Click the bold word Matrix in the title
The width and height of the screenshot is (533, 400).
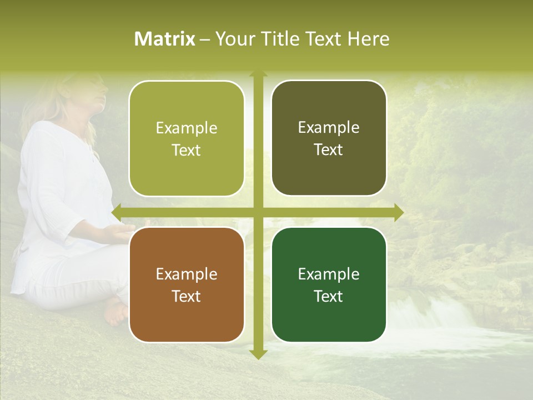coord(165,39)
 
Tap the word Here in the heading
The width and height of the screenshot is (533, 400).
coord(368,39)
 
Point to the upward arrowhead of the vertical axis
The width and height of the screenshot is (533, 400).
coord(258,73)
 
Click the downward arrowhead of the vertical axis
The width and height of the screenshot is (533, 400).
coord(258,354)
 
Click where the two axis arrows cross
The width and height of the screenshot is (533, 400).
coord(258,212)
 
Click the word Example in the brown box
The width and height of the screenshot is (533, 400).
coord(187,274)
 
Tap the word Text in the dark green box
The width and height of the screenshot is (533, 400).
coord(329,296)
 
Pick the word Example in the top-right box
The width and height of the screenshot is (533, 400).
coord(329,127)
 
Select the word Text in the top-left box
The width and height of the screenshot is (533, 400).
coord(187,150)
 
